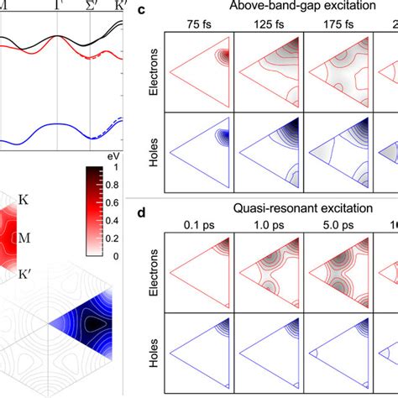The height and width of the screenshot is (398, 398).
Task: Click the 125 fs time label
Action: (x=267, y=24)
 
